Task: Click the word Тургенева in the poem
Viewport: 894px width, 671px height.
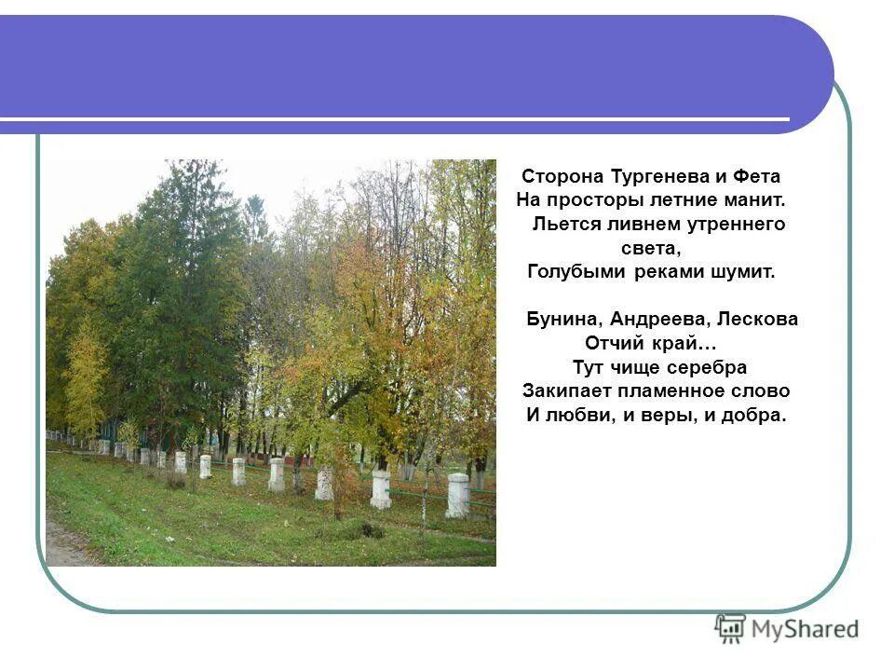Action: point(654,176)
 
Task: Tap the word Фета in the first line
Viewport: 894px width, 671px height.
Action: point(757,176)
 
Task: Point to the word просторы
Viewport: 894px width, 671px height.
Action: point(595,200)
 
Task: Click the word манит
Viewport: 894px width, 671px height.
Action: point(756,200)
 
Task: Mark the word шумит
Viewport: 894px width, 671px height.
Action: point(742,273)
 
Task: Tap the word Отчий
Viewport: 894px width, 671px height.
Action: point(609,344)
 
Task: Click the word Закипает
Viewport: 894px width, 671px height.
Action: point(566,391)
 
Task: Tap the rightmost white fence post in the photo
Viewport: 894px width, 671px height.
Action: point(457,495)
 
